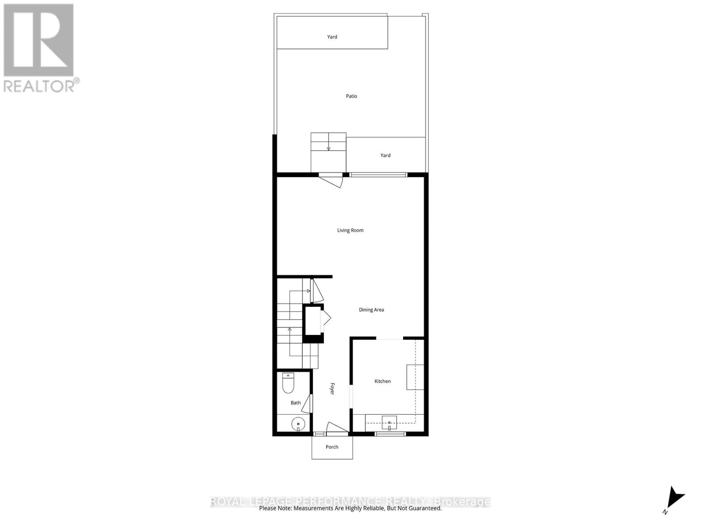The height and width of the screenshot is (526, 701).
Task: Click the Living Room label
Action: point(350,230)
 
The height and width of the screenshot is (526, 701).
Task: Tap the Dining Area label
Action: point(371,309)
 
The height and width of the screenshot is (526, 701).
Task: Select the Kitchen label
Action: point(382,381)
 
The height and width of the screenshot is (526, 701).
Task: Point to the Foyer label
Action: point(332,389)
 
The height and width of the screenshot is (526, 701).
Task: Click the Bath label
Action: point(296,403)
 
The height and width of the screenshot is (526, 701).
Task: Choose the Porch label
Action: point(332,447)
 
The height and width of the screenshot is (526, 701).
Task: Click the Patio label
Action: point(351,96)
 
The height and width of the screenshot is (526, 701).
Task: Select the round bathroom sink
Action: point(298,424)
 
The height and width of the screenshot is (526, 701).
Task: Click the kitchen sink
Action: point(389,423)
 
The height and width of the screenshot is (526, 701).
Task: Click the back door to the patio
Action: point(331,180)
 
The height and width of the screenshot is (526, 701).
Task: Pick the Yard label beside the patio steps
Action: point(385,155)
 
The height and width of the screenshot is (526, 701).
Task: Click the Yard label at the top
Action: point(332,37)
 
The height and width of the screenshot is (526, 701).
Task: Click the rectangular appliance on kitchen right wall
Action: point(415,377)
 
